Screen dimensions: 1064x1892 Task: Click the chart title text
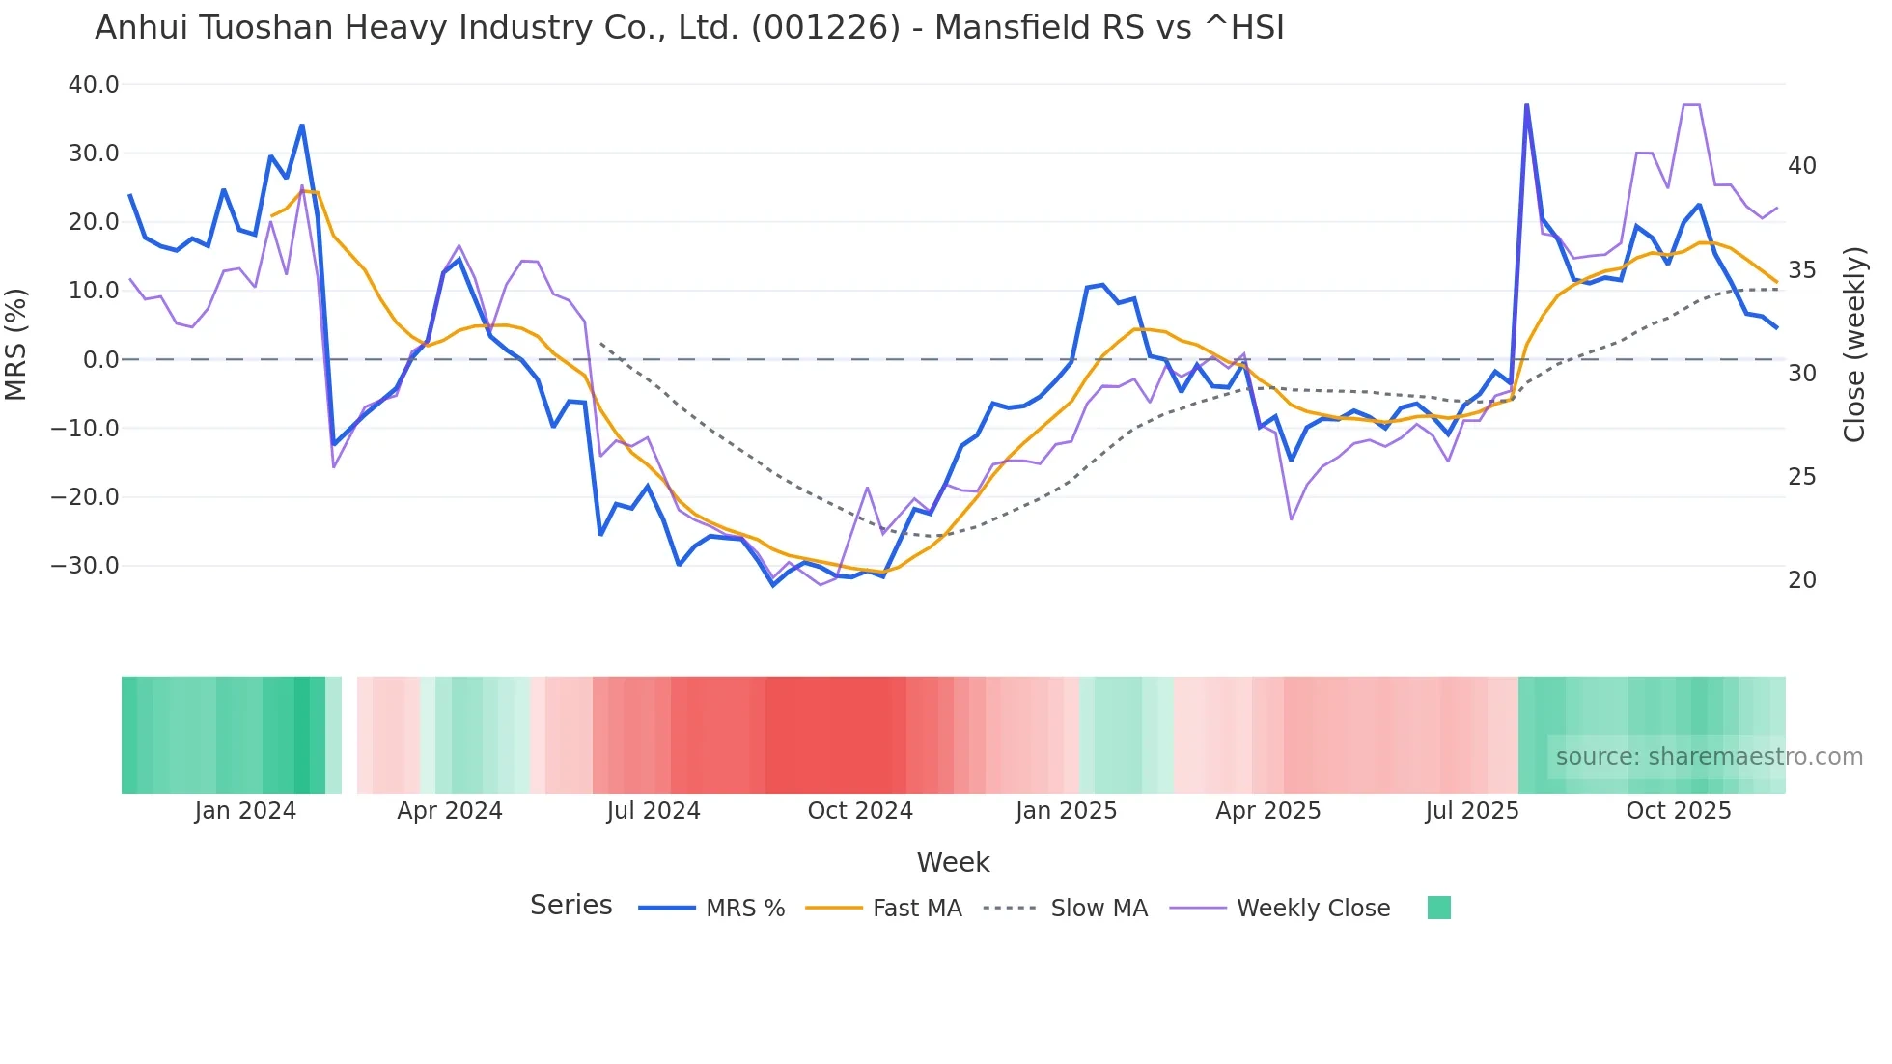pos(689,28)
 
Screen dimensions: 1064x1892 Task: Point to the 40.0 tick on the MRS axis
pos(94,85)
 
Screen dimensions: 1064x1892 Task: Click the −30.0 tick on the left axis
pos(85,566)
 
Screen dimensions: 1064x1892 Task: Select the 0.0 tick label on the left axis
pos(100,360)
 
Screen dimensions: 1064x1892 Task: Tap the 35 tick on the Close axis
pos(1801,270)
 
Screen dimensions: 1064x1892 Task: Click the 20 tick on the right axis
pos(1801,580)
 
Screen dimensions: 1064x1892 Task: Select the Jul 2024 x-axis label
pos(654,811)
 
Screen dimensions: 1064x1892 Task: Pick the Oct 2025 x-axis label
pos(1679,811)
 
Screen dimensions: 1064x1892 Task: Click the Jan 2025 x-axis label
pos(1066,811)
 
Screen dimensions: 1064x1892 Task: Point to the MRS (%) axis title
pos(16,345)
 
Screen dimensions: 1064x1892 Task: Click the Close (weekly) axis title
pos(1854,345)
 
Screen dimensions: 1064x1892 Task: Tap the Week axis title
pos(953,862)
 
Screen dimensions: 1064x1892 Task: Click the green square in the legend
pos(1438,908)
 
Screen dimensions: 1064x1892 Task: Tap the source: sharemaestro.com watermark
pos(1709,757)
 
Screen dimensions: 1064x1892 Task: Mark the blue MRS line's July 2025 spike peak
pos(1526,105)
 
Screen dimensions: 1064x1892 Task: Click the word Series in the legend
pos(570,906)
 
